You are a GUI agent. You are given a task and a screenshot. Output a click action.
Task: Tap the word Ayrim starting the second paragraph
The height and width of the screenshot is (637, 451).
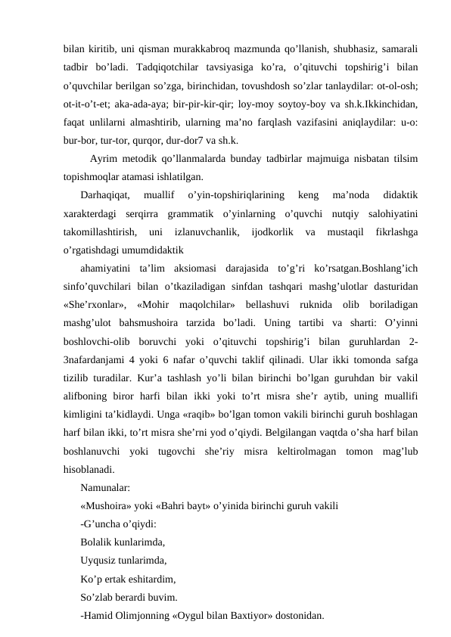click(104, 160)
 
